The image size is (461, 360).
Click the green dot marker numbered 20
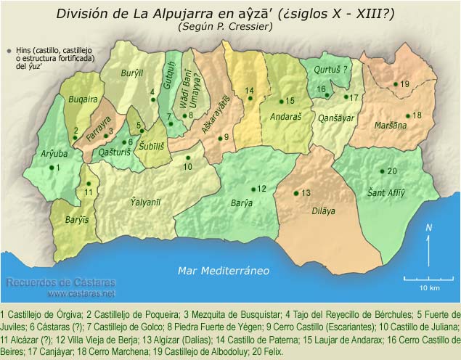[x=382, y=171]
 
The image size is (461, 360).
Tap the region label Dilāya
[x=324, y=211]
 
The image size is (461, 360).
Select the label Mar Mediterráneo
[x=224, y=271]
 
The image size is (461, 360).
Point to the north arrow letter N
[x=429, y=227]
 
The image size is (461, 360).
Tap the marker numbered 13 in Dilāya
[x=295, y=192]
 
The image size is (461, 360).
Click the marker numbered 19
[x=396, y=84]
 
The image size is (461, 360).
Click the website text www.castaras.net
[x=81, y=294]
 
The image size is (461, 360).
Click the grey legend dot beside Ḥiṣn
[x=8, y=50]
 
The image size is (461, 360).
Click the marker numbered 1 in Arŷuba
[x=51, y=168]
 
